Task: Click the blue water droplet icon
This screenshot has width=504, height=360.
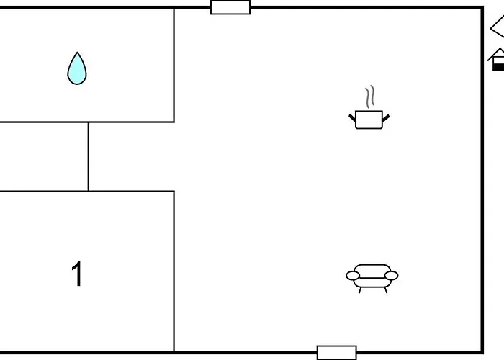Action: tap(77, 69)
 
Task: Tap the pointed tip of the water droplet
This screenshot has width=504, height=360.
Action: tap(77, 52)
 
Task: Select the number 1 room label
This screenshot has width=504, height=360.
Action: tap(77, 274)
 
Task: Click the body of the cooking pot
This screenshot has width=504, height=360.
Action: tap(369, 120)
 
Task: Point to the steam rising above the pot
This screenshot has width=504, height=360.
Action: tap(370, 96)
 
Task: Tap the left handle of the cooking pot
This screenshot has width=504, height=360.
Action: tap(352, 117)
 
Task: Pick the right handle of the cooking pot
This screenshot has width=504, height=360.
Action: tap(386, 118)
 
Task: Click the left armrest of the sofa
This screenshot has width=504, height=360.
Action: tap(353, 276)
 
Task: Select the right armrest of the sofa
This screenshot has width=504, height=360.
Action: tap(391, 276)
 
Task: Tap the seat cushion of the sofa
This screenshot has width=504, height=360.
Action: tap(372, 282)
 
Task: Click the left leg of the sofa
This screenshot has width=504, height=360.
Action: tap(360, 290)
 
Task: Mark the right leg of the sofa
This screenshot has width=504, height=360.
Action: tap(386, 290)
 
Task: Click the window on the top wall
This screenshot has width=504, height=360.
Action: tap(230, 7)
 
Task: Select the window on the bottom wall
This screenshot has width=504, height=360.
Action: tap(336, 353)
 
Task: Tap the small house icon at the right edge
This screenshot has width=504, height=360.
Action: tap(496, 59)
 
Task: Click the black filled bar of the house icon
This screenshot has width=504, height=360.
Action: tap(498, 67)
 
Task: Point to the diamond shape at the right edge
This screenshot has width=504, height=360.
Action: tap(498, 28)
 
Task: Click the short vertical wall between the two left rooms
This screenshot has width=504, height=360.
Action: tap(89, 157)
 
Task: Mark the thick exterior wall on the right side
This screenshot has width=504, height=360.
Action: tap(482, 180)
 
